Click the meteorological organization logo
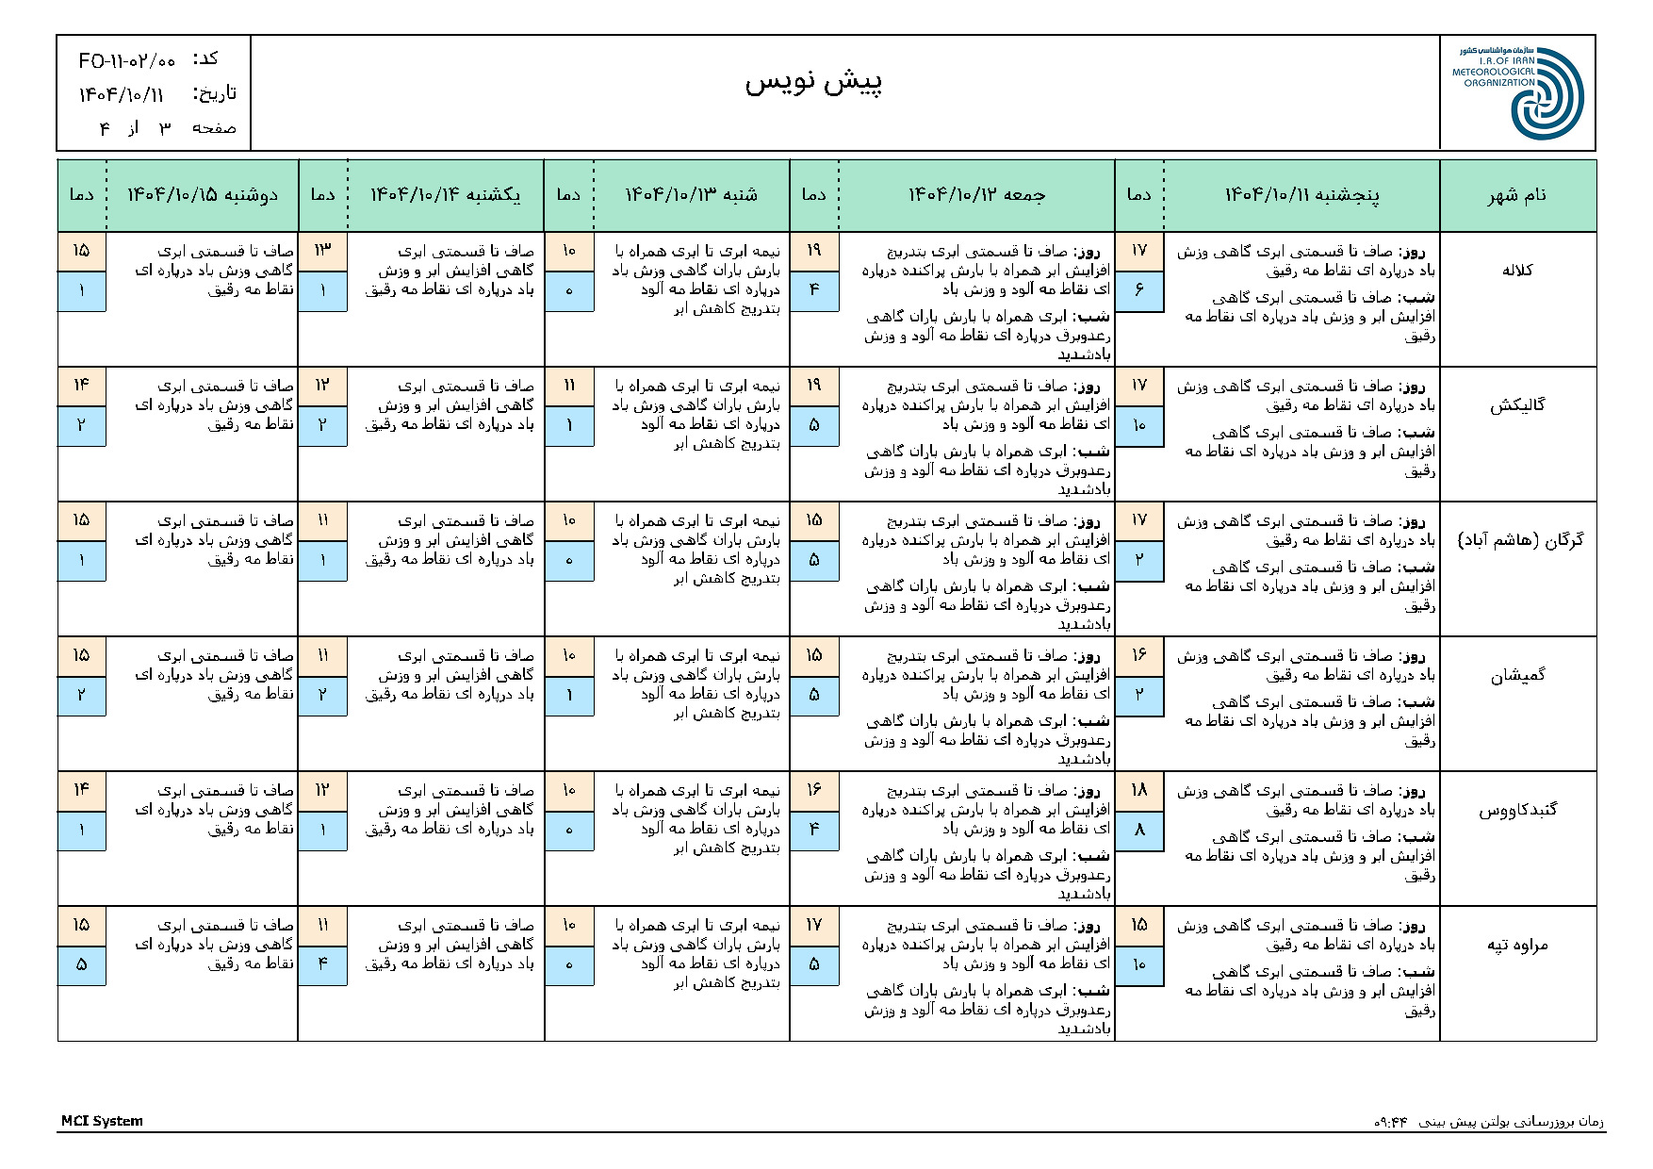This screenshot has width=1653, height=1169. tap(1518, 92)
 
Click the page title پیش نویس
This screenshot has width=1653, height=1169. tap(813, 83)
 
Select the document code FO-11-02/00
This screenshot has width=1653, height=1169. tap(127, 61)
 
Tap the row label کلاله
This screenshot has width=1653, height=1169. tap(1517, 271)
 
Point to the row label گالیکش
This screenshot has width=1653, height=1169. tap(1517, 405)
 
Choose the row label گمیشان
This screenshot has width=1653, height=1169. tap(1517, 675)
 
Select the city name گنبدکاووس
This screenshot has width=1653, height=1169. tap(1517, 810)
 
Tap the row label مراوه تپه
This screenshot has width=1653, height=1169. tap(1517, 945)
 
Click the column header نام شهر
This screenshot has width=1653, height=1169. tap(1517, 195)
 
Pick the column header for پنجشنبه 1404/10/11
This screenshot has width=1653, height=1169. tap(1301, 195)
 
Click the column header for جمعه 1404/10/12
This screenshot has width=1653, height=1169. tap(976, 195)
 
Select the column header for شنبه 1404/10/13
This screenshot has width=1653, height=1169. tap(692, 195)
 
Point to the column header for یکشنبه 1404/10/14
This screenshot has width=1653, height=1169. tap(445, 195)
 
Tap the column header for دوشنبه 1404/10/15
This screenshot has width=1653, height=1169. tap(203, 195)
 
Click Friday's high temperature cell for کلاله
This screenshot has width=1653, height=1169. tap(814, 251)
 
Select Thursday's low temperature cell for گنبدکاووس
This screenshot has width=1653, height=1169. tap(1139, 831)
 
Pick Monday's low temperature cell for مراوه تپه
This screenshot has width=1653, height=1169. tap(82, 965)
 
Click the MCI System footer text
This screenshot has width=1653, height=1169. tap(102, 1121)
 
